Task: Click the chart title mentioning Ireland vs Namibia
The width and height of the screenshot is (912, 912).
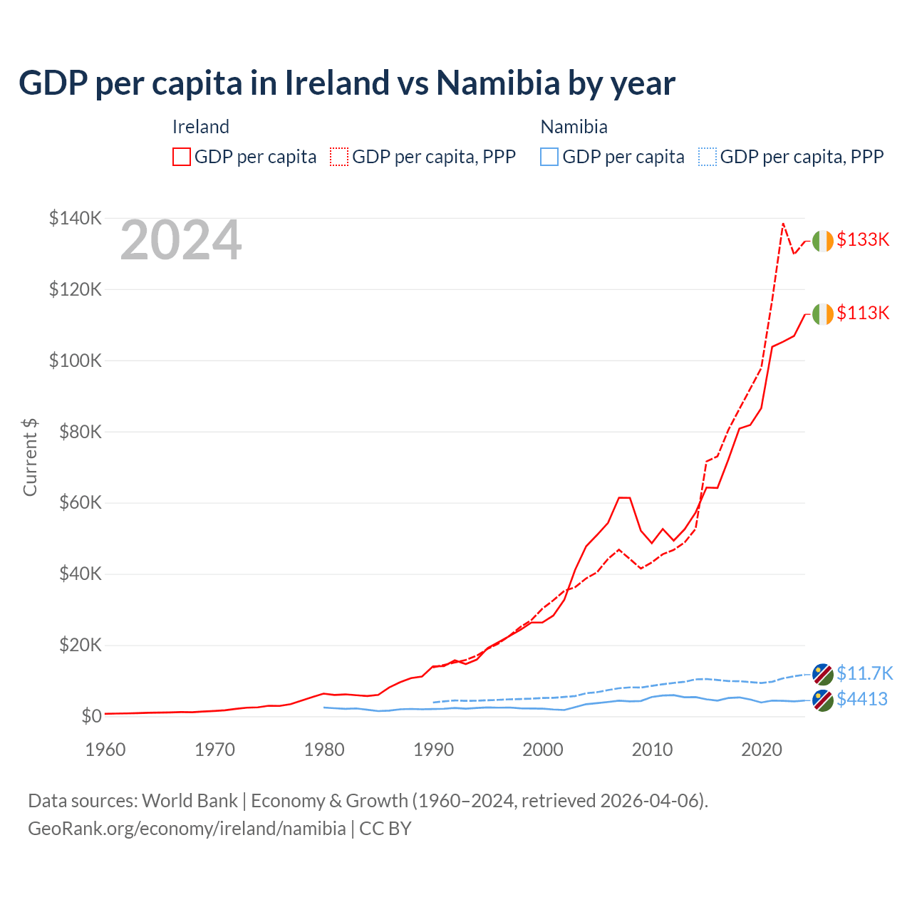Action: (347, 83)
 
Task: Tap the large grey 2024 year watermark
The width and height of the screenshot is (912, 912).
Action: (181, 241)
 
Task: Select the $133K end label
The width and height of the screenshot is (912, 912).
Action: (863, 239)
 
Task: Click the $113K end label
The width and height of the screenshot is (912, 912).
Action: (863, 313)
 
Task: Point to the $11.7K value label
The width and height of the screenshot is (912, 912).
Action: (864, 673)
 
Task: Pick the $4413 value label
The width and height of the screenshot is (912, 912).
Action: (862, 699)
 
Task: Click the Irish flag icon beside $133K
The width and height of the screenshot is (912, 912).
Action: (823, 241)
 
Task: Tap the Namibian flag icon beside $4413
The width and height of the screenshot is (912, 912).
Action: (823, 700)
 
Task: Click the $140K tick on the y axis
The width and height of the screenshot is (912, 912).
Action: (76, 218)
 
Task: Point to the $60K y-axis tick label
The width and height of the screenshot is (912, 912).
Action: (81, 503)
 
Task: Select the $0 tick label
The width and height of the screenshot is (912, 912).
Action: (91, 716)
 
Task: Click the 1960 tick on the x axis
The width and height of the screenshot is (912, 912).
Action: (105, 750)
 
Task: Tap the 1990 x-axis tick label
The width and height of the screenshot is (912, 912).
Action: (434, 750)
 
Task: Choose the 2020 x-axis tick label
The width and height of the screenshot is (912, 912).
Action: (762, 750)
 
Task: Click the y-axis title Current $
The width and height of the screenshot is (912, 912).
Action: (30, 457)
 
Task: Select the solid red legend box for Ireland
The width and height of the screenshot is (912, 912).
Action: (182, 157)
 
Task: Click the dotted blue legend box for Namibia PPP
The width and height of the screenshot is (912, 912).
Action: (708, 157)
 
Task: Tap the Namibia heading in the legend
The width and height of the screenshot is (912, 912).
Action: (574, 127)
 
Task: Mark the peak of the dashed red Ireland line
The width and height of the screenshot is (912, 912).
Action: (783, 224)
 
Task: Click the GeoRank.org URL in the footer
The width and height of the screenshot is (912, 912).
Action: (187, 829)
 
